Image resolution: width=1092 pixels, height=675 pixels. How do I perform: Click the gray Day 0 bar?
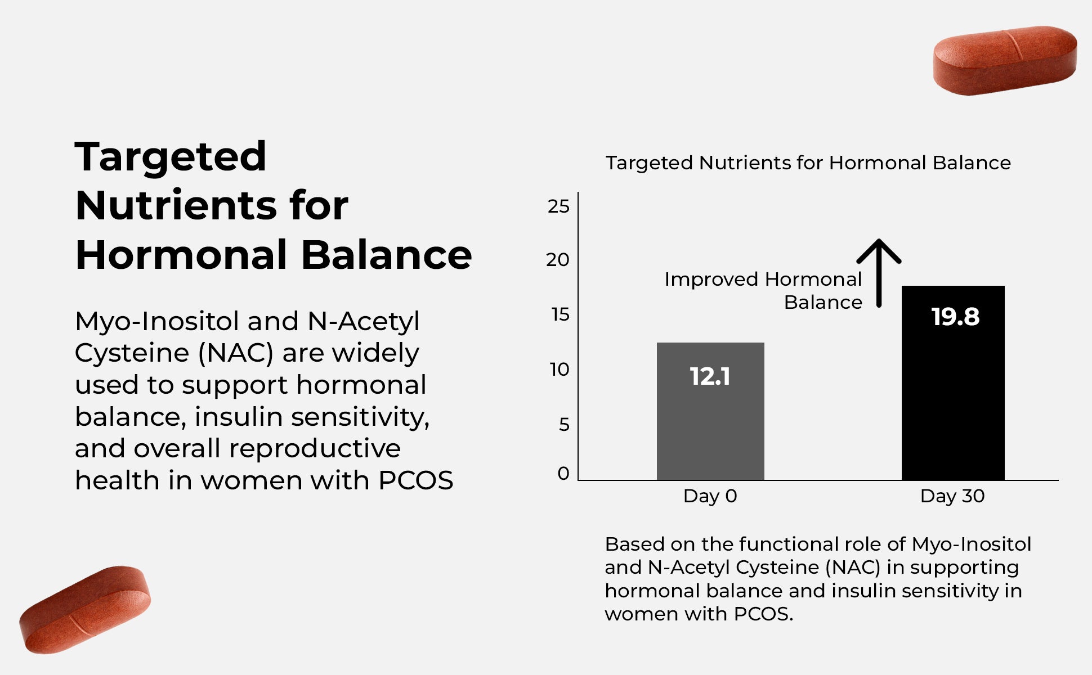point(710,427)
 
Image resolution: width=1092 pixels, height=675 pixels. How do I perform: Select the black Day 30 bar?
point(952,405)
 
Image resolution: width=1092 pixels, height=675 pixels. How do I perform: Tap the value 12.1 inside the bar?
point(710,376)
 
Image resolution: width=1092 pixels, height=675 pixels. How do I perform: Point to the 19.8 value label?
point(955,317)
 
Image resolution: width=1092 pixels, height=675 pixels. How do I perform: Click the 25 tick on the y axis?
point(558,206)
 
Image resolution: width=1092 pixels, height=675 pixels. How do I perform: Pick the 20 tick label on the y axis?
point(557,260)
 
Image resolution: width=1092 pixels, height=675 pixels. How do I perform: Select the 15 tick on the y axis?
point(560,314)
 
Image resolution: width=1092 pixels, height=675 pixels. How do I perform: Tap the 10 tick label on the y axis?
point(560,370)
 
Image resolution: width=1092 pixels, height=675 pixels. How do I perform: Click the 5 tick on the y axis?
point(564,424)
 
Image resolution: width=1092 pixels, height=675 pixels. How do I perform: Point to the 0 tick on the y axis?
point(563,474)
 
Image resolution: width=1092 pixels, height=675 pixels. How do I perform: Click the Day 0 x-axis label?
point(710,496)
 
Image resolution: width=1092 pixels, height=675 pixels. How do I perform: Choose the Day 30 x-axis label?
point(952,496)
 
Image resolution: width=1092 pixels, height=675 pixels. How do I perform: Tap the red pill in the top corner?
point(1005,60)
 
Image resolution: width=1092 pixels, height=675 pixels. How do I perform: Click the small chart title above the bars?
point(808,163)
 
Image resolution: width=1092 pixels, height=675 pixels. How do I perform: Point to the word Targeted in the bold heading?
point(171,157)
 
